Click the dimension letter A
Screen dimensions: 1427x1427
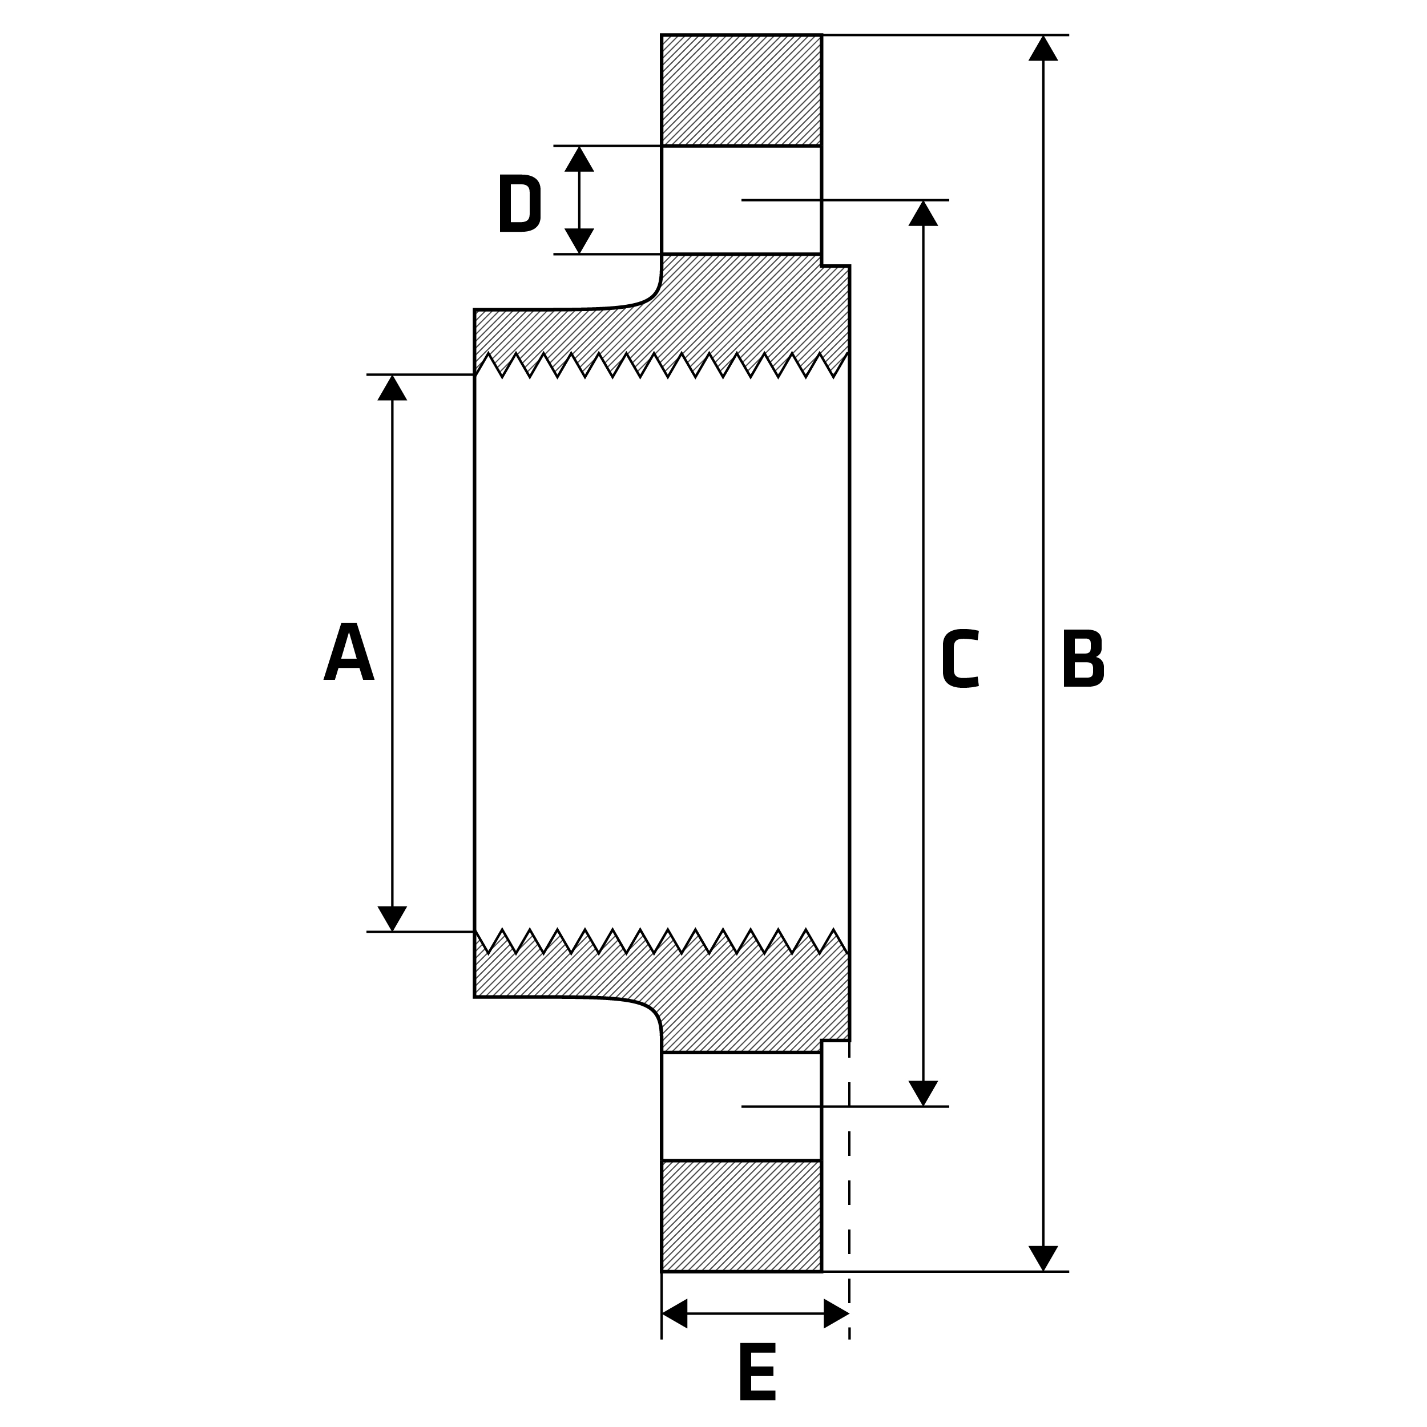pyautogui.click(x=349, y=651)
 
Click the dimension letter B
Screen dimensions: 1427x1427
pyautogui.click(x=1083, y=659)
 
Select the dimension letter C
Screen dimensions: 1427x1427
pyautogui.click(x=961, y=659)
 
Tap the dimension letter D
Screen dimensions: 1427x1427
pyautogui.click(x=520, y=203)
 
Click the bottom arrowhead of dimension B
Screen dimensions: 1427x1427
pyautogui.click(x=1043, y=1257)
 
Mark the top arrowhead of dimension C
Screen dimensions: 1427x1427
pyautogui.click(x=923, y=214)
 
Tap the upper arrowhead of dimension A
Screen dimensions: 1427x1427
pyautogui.click(x=392, y=389)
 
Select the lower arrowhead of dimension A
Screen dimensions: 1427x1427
pyautogui.click(x=392, y=917)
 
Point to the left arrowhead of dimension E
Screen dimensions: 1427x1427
pyautogui.click(x=676, y=1313)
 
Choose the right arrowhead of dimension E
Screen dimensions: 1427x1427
pyautogui.click(x=836, y=1313)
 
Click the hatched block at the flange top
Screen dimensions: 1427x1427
pyautogui.click(x=741, y=90)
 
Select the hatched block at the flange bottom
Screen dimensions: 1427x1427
pyautogui.click(x=741, y=1215)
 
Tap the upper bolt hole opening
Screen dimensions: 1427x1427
pyautogui.click(x=741, y=199)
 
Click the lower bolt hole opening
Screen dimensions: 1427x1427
pyautogui.click(x=741, y=1106)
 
